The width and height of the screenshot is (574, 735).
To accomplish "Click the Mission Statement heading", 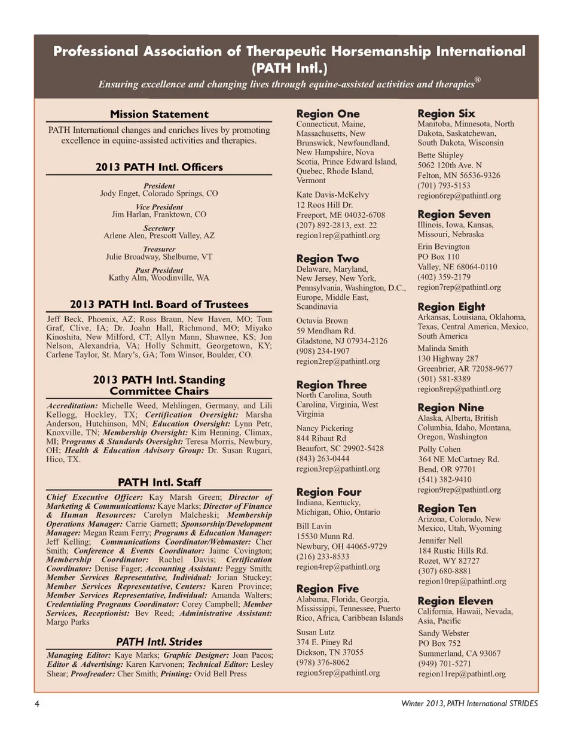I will [x=159, y=114].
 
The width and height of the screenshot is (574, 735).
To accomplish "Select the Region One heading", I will [x=328, y=114].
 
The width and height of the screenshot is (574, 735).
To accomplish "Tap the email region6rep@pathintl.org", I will [x=459, y=196].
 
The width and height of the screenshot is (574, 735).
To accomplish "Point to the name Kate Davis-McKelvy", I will [x=333, y=195].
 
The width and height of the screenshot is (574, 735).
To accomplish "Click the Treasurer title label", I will [x=159, y=248].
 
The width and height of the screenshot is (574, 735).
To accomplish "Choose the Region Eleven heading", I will [x=455, y=601].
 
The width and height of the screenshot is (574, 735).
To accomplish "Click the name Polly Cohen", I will [x=439, y=449].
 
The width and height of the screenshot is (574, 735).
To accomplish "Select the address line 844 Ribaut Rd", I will [x=325, y=438].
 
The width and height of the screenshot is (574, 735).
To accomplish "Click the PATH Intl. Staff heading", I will [x=159, y=482].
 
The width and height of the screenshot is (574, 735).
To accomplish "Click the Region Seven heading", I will [x=454, y=214].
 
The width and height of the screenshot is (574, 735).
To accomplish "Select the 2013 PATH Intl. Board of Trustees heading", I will [x=159, y=304].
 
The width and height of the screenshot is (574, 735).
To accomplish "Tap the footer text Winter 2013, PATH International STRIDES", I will [x=469, y=703].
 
